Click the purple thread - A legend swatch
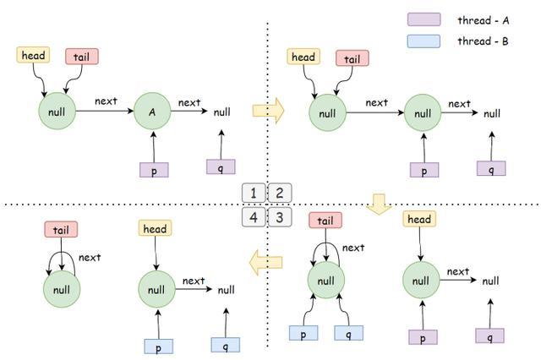click(x=424, y=19)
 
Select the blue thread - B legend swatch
click(x=424, y=40)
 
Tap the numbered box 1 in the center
click(x=254, y=193)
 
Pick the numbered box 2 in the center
click(x=280, y=193)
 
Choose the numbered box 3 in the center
click(x=280, y=217)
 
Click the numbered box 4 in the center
click(x=254, y=217)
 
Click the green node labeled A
click(x=153, y=112)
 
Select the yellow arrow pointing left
click(x=265, y=265)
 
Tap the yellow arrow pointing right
click(x=268, y=110)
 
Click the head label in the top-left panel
click(x=33, y=56)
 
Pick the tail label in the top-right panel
click(x=352, y=58)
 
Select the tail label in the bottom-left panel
click(x=61, y=229)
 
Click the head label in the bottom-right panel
click(x=419, y=220)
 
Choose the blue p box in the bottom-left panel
click(x=158, y=346)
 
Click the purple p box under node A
click(x=154, y=169)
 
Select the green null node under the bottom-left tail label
click(x=62, y=290)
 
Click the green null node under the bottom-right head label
click(x=421, y=279)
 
